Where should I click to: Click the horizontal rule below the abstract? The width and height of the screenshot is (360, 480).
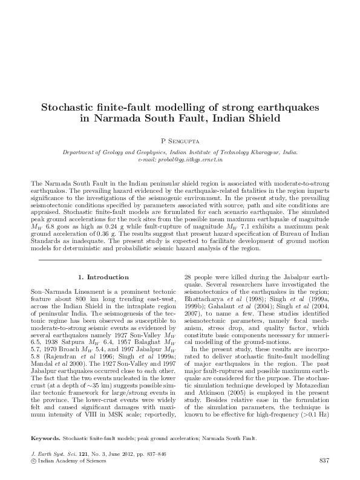(180, 259)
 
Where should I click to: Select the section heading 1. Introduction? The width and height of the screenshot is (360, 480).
(103, 277)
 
